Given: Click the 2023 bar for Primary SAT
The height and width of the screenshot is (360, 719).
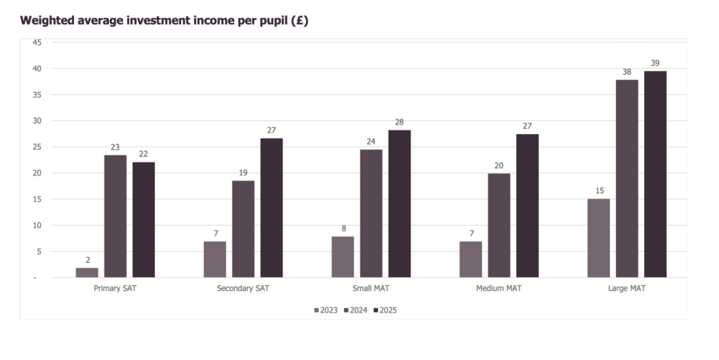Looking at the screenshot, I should pyautogui.click(x=87, y=273).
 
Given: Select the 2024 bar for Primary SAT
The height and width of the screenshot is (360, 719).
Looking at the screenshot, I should pyautogui.click(x=115, y=216).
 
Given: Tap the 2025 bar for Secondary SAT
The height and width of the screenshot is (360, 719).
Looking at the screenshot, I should pyautogui.click(x=271, y=208).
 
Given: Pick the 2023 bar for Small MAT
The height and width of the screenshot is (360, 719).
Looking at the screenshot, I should pyautogui.click(x=342, y=257).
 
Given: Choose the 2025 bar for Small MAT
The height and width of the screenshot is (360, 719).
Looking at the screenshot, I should pyautogui.click(x=400, y=204).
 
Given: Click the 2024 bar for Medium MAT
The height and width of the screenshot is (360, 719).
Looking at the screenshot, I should pyautogui.click(x=499, y=225).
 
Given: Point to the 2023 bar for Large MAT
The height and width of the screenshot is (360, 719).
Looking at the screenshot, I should pyautogui.click(x=598, y=238).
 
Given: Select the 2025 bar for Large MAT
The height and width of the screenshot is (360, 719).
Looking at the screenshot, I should pyautogui.click(x=655, y=174).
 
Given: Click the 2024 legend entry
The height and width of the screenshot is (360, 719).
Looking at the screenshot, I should pyautogui.click(x=358, y=310).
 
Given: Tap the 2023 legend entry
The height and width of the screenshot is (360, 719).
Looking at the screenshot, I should pyautogui.click(x=326, y=310).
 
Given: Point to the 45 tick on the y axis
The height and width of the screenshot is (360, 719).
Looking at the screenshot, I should pyautogui.click(x=36, y=42).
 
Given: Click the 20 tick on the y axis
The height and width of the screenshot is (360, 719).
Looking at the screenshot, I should pyautogui.click(x=36, y=173).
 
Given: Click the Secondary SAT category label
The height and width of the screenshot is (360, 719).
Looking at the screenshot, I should pyautogui.click(x=243, y=288).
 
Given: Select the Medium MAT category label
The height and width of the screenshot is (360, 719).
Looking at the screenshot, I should pyautogui.click(x=499, y=288).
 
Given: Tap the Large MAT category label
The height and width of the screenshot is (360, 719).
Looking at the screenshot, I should pyautogui.click(x=626, y=288).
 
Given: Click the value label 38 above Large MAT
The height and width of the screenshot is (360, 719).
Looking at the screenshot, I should pyautogui.click(x=627, y=72).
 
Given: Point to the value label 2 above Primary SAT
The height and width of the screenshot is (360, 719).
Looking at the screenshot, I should pyautogui.click(x=87, y=260).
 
